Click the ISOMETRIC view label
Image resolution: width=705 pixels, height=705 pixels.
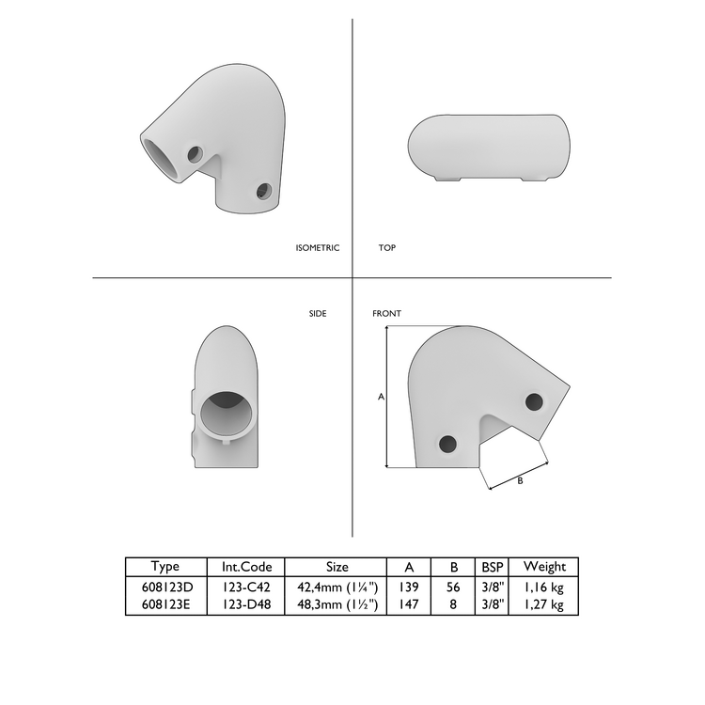click(x=317, y=248)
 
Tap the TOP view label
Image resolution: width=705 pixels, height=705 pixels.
click(x=386, y=248)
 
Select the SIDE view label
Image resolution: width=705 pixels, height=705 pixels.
click(x=318, y=313)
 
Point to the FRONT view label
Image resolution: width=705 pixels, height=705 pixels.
click(x=386, y=313)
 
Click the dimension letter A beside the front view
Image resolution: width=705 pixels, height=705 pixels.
click(x=381, y=398)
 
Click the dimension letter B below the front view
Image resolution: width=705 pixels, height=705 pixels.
click(x=520, y=480)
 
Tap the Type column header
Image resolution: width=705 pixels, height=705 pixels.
click(x=165, y=567)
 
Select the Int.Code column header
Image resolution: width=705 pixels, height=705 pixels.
click(x=246, y=567)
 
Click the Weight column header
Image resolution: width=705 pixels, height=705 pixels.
click(x=544, y=567)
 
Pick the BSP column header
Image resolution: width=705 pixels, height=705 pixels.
click(x=493, y=567)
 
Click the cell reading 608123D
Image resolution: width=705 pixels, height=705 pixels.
click(x=165, y=587)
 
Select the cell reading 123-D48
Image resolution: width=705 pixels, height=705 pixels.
click(x=246, y=604)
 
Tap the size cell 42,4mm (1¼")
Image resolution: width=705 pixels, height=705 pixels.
click(x=337, y=587)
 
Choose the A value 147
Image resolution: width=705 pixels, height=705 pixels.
click(x=409, y=604)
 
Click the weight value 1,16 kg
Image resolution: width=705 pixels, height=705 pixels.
click(x=544, y=587)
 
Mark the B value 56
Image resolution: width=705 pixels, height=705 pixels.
click(x=454, y=587)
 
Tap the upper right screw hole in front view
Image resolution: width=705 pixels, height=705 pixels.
click(x=534, y=401)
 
